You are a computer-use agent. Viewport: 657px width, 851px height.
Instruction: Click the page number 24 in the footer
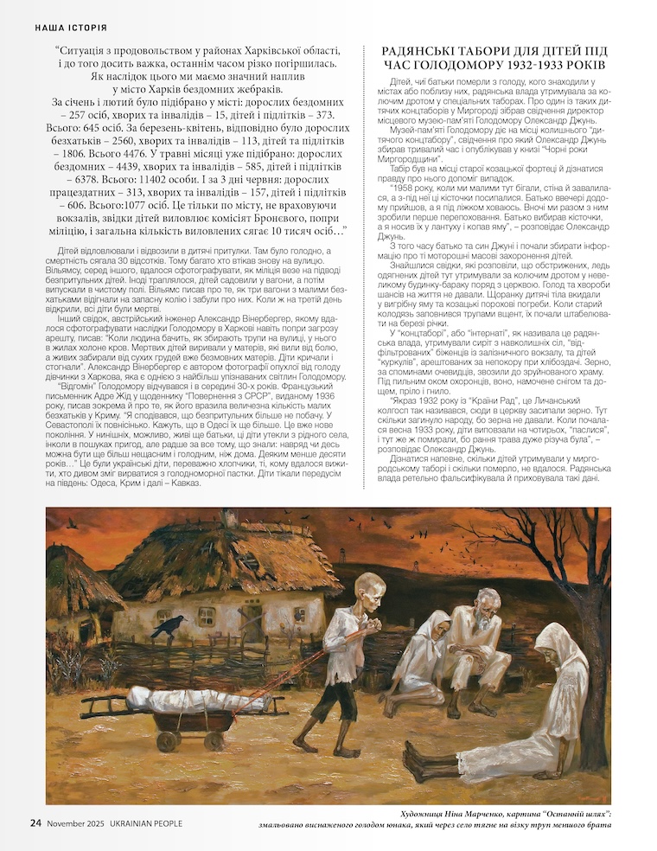(x=35, y=822)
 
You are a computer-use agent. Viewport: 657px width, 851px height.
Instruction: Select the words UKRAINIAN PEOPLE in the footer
(x=143, y=823)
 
